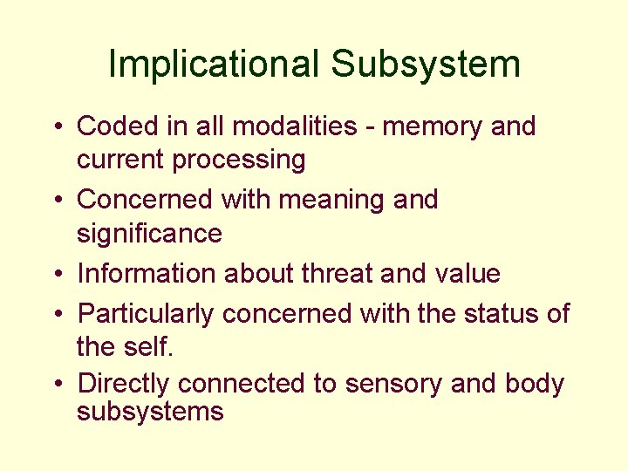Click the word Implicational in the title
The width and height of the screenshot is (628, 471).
coord(214,65)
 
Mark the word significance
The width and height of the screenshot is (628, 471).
coord(149,234)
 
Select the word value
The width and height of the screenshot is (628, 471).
coord(468,274)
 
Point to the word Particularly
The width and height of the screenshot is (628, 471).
coord(146,313)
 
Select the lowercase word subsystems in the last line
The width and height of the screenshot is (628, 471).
coord(150,411)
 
